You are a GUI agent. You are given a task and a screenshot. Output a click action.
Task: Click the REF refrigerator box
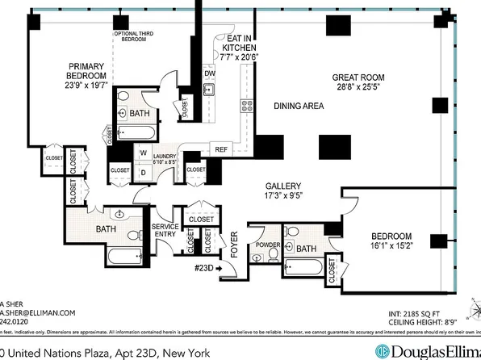click(x=220, y=149)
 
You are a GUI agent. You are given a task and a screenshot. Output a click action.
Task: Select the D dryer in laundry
click(x=143, y=170)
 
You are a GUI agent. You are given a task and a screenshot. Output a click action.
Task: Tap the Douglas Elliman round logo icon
click(x=382, y=351)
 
